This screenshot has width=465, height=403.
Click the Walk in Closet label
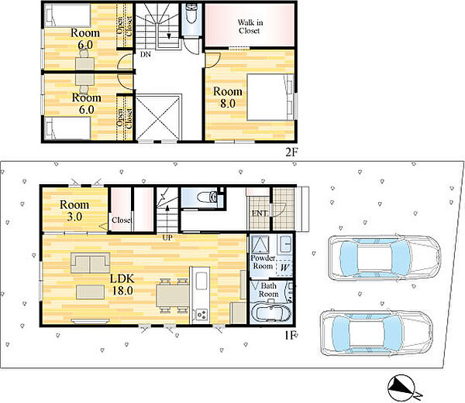250,26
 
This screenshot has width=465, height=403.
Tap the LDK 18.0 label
122,285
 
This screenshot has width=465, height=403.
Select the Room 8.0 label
228,97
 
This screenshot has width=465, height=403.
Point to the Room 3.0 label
74,210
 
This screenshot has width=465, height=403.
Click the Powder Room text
263,262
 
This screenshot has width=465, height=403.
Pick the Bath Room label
268,290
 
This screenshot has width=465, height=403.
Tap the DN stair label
146,54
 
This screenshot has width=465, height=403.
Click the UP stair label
167,237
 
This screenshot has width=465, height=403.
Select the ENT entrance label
259,213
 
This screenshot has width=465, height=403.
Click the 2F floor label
291,152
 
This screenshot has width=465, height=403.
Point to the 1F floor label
290,336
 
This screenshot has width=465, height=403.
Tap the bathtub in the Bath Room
271,313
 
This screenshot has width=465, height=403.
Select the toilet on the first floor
208,196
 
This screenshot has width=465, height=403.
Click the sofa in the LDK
91,263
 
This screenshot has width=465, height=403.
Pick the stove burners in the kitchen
201,314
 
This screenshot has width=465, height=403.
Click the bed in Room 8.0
270,97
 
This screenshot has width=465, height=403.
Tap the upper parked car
384,258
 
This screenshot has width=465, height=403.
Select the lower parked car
377,333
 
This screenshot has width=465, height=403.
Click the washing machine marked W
284,268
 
